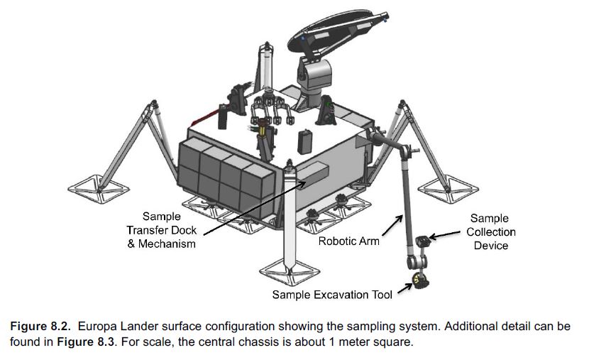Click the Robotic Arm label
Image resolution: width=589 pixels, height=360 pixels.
tap(348, 241)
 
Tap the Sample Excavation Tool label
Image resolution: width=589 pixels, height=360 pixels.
tap(332, 295)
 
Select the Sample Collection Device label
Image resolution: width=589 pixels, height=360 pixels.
tap(490, 232)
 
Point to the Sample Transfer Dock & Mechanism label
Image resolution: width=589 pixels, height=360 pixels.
tap(162, 230)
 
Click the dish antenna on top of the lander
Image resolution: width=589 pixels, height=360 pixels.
tap(337, 35)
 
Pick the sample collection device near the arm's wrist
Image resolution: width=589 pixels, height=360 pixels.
tap(424, 241)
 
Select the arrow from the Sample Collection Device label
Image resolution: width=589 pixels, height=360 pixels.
tap(444, 235)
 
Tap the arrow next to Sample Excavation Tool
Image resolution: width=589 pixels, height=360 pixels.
tap(405, 288)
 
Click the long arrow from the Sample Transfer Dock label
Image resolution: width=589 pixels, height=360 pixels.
tap(255, 208)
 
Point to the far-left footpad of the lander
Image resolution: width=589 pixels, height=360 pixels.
tap(99, 189)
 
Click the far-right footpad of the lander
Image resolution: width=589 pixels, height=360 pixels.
tap(448, 189)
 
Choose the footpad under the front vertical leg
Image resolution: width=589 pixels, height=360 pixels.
tap(290, 271)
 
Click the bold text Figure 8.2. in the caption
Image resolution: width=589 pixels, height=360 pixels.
tap(40, 326)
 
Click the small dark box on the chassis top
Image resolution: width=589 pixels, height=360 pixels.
tap(305, 142)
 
